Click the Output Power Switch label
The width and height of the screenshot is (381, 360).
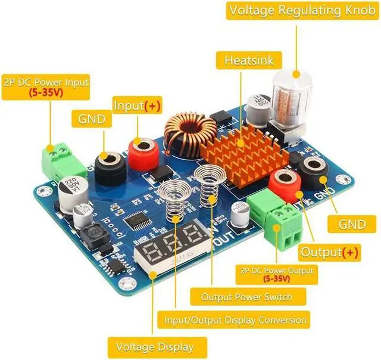[x=246, y=296]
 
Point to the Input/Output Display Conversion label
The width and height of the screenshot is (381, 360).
[x=236, y=320]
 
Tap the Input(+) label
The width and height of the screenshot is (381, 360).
[x=137, y=105]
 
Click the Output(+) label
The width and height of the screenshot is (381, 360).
[x=330, y=252]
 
